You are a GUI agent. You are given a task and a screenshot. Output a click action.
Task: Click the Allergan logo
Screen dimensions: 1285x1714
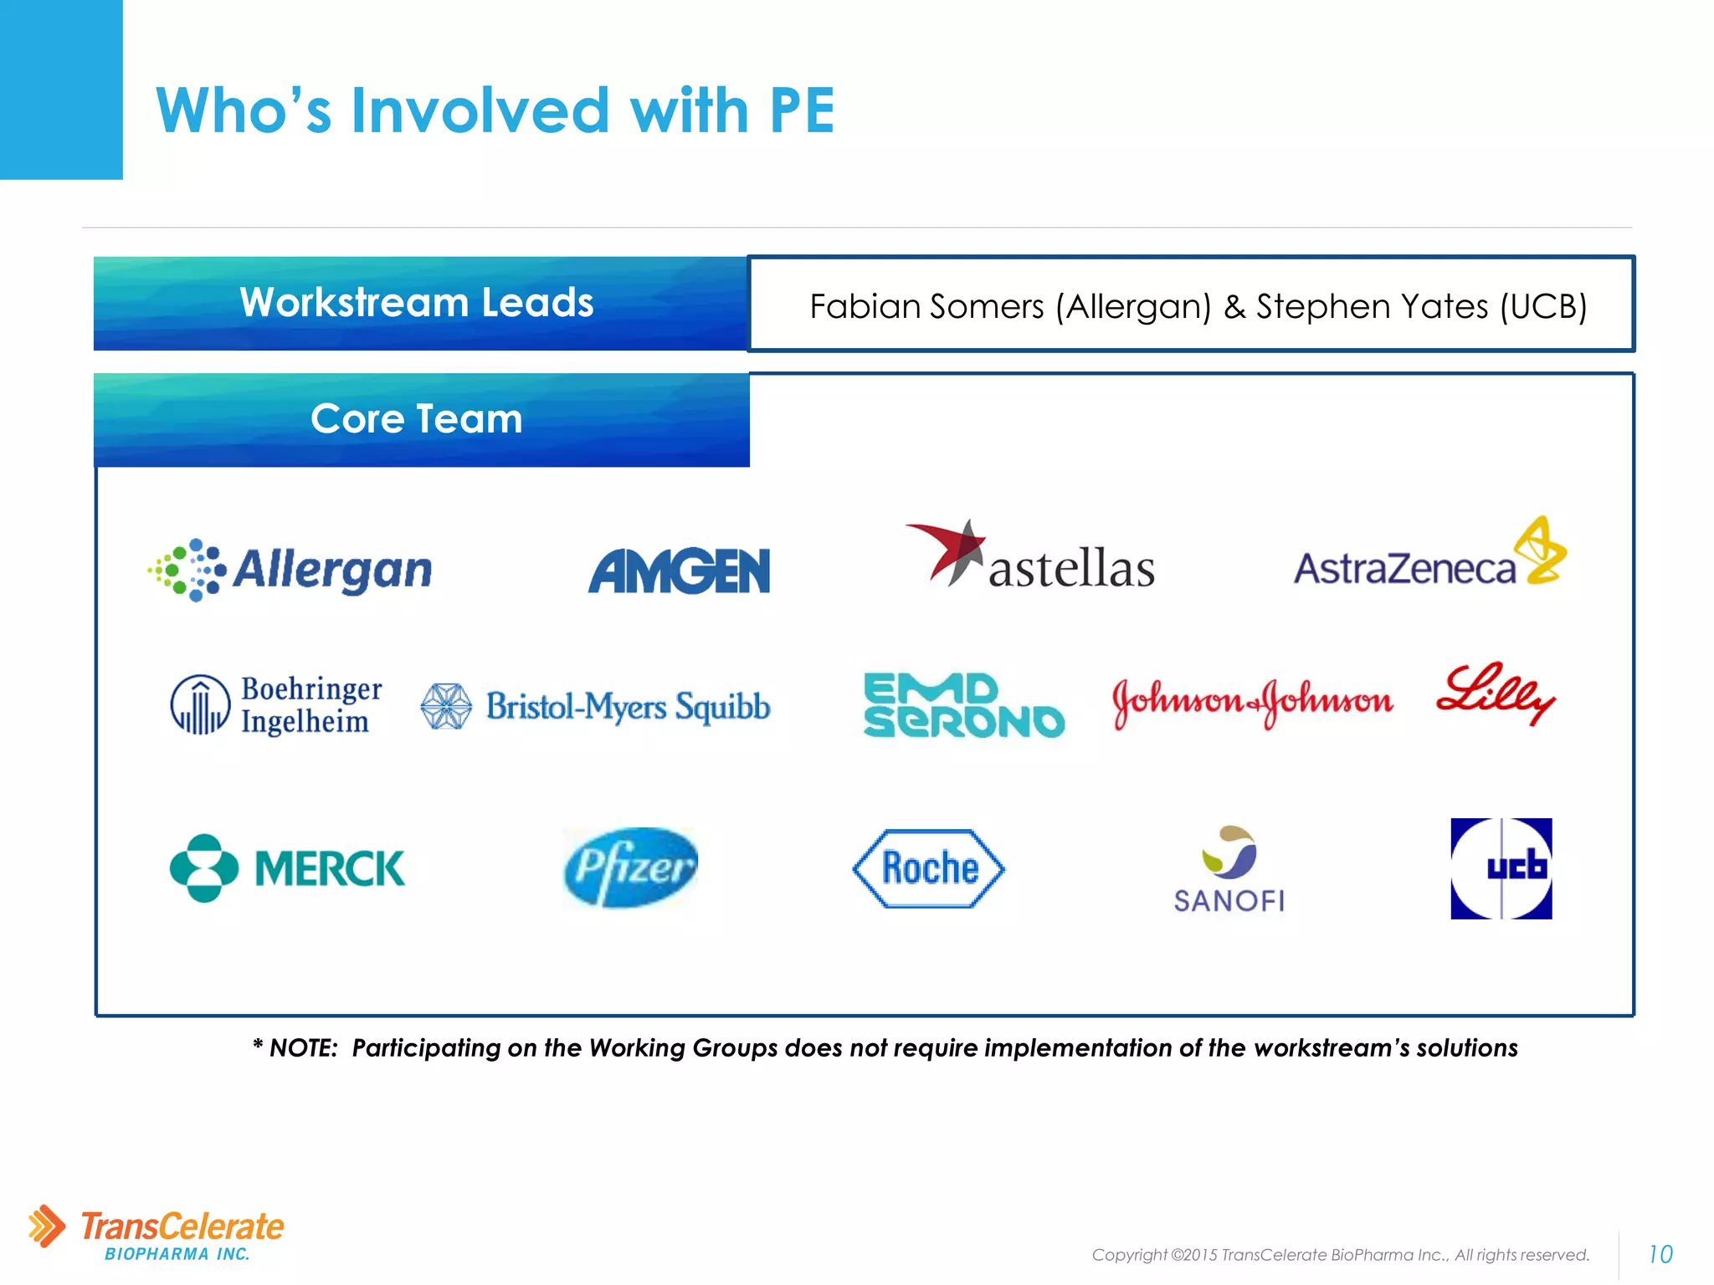point(290,570)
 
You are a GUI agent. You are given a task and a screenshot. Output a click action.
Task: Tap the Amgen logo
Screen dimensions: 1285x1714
point(679,571)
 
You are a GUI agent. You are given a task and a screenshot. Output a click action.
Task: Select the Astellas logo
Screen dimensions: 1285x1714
point(1031,557)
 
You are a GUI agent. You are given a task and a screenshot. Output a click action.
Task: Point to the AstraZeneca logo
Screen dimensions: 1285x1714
point(1429,555)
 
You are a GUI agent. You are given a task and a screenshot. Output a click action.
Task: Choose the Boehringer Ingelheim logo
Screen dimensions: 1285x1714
point(276,705)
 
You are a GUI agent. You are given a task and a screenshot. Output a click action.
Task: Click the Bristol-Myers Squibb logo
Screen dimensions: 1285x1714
point(595,707)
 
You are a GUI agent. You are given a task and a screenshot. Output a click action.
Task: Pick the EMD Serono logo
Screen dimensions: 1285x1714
point(963,706)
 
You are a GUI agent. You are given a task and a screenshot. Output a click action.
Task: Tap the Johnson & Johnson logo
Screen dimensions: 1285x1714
point(1252,702)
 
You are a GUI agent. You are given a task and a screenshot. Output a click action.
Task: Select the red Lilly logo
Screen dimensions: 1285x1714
point(1495,694)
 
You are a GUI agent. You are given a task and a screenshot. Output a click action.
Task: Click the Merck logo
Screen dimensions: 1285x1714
point(287,868)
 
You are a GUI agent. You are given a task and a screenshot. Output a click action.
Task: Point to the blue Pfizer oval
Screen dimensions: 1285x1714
point(630,868)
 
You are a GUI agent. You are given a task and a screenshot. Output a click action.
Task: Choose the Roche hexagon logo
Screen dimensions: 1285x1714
point(929,868)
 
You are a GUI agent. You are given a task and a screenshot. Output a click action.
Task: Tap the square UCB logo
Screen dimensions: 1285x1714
point(1501,868)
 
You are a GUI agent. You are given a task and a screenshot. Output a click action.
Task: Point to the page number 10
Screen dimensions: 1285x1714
point(1660,1254)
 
